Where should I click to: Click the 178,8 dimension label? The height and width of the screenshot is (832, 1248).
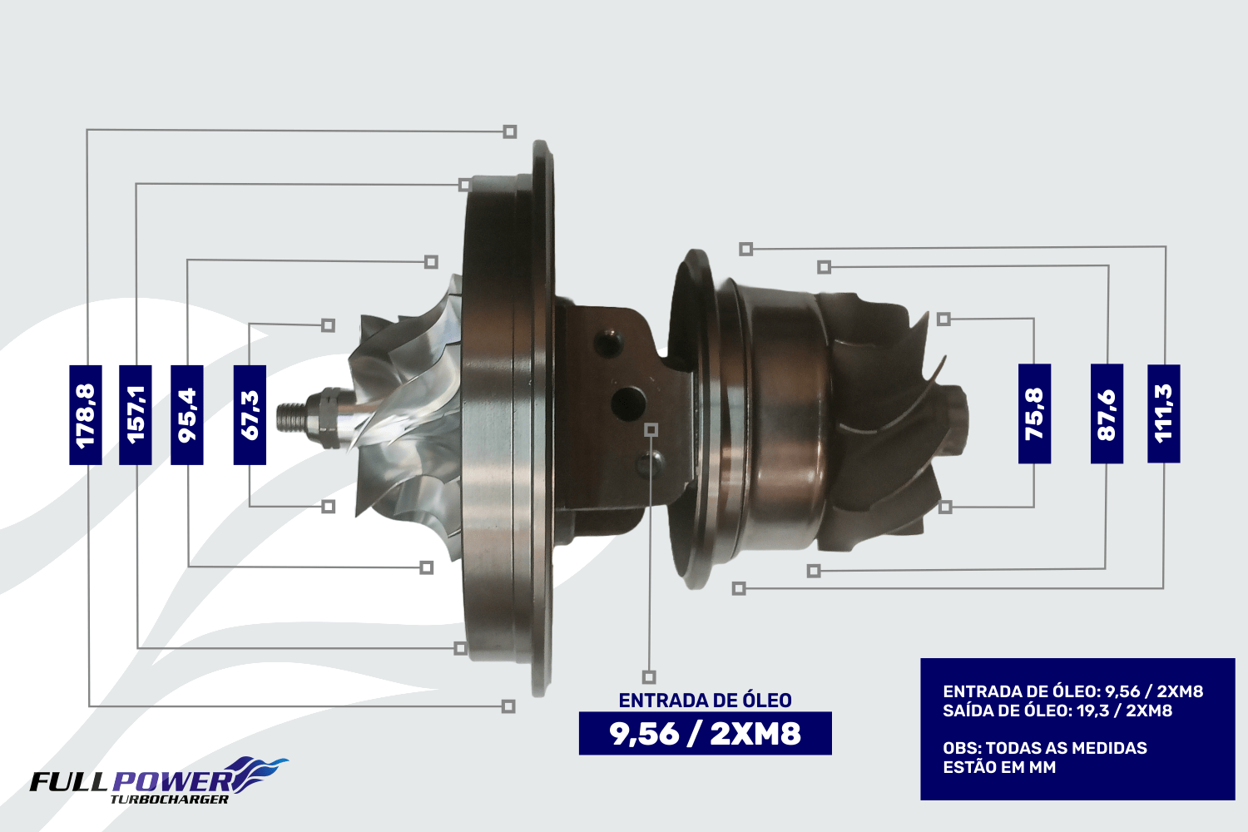[85, 414]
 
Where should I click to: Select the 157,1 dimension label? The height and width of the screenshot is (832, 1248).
[136, 414]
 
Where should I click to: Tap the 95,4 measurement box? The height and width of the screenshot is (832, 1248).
[186, 414]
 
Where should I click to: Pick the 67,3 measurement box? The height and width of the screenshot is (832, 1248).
[250, 414]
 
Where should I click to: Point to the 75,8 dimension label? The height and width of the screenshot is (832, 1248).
[1035, 414]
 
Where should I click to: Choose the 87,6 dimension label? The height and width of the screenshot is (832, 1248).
[1107, 414]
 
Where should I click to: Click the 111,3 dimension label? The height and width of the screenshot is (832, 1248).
[1164, 414]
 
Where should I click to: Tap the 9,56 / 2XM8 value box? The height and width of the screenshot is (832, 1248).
[706, 733]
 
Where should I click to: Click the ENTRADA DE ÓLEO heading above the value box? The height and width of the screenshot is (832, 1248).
[706, 701]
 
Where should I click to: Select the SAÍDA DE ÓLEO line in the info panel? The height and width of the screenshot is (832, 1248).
[1057, 711]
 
